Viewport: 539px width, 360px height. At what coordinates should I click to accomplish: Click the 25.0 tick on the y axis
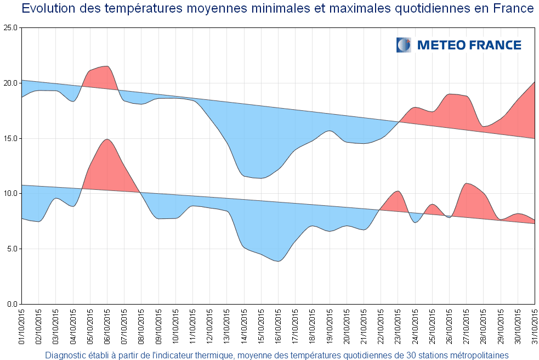coord(10,27)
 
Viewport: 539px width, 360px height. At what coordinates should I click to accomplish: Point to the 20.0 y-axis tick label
coord(10,83)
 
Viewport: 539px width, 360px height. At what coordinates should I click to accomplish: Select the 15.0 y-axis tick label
coord(10,138)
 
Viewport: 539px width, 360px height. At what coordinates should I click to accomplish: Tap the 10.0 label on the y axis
coord(10,193)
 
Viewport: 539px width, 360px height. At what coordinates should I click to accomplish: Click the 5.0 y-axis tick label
coord(12,249)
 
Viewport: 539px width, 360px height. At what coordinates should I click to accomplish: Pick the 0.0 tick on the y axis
coord(12,304)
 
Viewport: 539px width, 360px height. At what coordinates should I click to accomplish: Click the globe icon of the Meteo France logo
coord(404,45)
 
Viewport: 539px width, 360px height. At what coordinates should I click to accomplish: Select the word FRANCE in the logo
coord(495,45)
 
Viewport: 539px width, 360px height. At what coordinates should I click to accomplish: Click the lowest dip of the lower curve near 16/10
coord(278,261)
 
